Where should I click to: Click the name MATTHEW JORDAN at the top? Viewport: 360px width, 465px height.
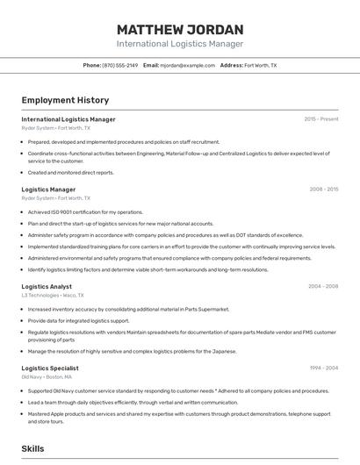click(x=180, y=28)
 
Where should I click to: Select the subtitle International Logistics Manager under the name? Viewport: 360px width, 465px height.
click(x=180, y=44)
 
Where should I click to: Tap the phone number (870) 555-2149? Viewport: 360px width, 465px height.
click(x=120, y=66)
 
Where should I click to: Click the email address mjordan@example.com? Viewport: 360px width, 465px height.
click(x=188, y=66)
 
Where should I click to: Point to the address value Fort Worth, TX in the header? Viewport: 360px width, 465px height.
click(x=261, y=66)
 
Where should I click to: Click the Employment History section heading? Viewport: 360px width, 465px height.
click(x=65, y=100)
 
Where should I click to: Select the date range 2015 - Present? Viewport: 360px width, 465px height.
click(x=321, y=119)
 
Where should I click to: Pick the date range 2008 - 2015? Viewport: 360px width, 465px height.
click(x=324, y=190)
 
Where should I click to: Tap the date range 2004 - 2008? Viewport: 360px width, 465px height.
click(x=323, y=287)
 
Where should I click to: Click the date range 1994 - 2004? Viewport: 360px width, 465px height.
click(x=323, y=368)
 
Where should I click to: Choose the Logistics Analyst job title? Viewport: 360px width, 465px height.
click(x=47, y=287)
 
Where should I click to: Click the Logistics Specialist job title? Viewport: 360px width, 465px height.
click(x=50, y=368)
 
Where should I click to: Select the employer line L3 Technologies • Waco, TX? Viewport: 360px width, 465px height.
click(x=55, y=296)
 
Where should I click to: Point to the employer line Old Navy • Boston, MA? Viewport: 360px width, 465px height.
click(x=47, y=377)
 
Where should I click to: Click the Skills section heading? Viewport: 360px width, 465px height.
click(x=32, y=448)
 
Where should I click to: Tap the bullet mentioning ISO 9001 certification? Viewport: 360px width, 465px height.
click(x=85, y=212)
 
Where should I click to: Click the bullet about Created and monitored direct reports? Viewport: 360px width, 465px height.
click(x=71, y=173)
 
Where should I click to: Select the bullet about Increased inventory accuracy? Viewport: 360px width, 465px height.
click(x=128, y=310)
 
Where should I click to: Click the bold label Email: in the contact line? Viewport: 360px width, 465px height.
click(x=151, y=66)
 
